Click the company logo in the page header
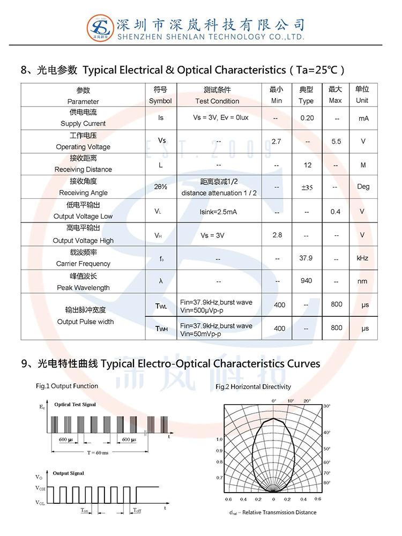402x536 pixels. click(x=100, y=26)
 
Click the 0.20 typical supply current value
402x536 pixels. click(x=307, y=117)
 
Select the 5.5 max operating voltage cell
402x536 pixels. click(x=336, y=142)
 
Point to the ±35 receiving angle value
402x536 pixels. click(x=307, y=188)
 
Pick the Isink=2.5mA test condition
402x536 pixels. click(x=218, y=212)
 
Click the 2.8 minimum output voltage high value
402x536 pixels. click(x=277, y=235)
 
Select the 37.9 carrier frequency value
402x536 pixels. click(x=306, y=258)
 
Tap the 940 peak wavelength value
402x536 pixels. click(x=307, y=281)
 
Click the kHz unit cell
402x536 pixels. click(x=362, y=258)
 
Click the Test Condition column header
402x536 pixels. click(x=217, y=101)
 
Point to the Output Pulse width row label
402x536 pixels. click(x=85, y=322)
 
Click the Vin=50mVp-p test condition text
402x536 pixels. click(x=202, y=334)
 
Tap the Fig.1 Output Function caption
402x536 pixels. click(x=67, y=386)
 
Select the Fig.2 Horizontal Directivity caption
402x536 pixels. click(x=253, y=386)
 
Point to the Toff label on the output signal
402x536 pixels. click(x=138, y=510)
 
